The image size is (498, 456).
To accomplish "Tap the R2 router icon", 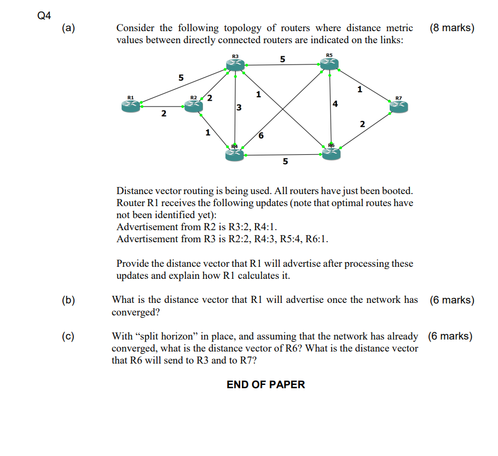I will coord(194,106).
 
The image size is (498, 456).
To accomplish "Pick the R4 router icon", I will coord(234,155).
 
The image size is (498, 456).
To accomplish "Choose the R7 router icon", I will coord(398,107).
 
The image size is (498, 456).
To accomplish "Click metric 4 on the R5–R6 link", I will coord(335,104).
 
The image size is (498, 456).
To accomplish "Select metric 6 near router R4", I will coord(260,135).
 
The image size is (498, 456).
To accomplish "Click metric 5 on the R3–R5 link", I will coord(282,59).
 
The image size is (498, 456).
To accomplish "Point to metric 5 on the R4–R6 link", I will coord(285,162).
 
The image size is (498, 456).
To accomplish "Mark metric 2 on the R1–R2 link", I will coord(163,114).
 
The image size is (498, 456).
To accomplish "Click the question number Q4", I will coord(44,16).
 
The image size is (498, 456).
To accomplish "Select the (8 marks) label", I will coord(452,28).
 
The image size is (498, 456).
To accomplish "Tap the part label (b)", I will coord(68,300).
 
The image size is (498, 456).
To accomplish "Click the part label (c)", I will coord(68,336).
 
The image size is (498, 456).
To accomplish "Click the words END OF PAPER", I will coord(266,384).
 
